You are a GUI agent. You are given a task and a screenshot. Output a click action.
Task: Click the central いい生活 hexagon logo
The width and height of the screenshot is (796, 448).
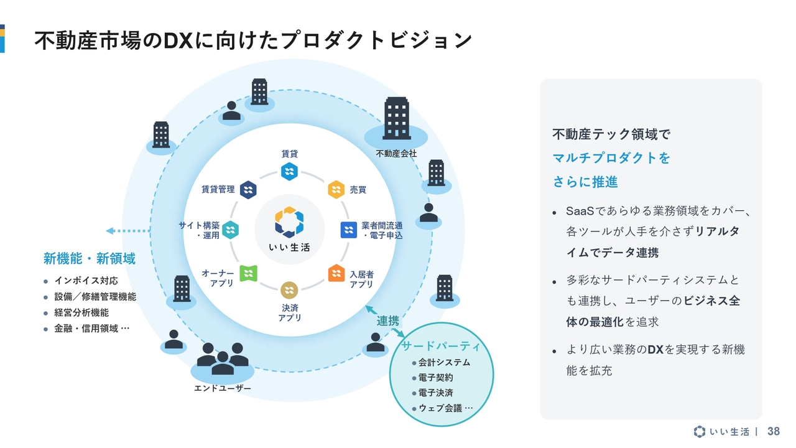pos(289,222)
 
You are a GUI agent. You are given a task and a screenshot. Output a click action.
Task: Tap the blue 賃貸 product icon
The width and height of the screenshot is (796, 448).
pos(289,172)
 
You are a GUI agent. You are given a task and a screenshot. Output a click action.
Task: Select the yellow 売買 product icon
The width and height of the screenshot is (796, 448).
pos(336,189)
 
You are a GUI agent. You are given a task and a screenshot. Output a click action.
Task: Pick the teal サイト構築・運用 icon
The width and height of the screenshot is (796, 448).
pos(231,230)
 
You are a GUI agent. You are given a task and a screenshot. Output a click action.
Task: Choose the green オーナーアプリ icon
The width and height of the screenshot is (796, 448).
pos(248,273)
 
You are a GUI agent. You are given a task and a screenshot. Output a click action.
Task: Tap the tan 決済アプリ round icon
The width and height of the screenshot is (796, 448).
pos(289,290)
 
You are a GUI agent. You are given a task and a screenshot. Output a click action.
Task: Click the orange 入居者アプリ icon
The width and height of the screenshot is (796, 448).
pos(336,273)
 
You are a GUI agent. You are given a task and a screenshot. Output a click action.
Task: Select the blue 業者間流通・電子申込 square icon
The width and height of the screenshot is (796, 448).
pos(349,230)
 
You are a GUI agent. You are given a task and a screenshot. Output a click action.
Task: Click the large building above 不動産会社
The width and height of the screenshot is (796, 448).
pos(396,118)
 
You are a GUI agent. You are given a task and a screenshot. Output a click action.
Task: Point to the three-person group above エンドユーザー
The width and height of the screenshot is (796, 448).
pos(223,359)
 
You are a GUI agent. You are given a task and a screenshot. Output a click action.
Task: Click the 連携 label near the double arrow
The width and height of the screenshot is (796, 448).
pos(388,321)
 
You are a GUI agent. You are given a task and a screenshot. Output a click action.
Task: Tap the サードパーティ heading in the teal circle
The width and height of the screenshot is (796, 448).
pos(440,346)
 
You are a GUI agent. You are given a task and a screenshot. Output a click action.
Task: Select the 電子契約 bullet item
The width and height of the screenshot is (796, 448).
pos(435,378)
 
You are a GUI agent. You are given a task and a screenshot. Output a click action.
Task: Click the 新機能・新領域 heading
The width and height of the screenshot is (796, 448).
pos(90,258)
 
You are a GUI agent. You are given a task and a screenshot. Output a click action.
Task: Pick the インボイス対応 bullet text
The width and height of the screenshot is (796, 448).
pos(86,281)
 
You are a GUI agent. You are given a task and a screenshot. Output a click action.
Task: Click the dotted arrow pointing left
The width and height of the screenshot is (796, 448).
pos(127,231)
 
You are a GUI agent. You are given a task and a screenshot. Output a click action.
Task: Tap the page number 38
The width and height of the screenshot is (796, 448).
pos(774,431)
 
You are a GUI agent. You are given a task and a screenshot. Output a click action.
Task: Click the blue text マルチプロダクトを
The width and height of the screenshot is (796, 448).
pos(611,158)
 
